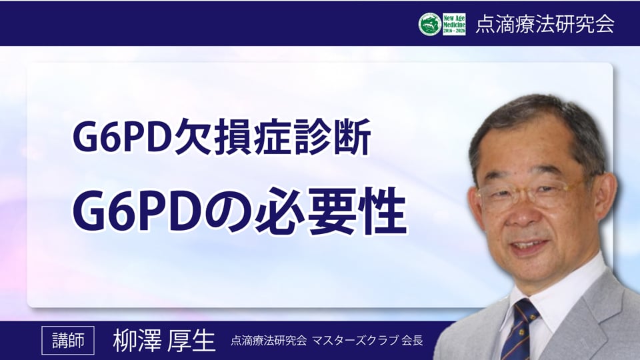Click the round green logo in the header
click(x=430, y=24)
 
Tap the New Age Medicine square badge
click(x=454, y=24)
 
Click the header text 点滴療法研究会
click(x=545, y=24)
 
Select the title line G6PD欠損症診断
click(x=221, y=137)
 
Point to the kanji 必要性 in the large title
click(x=331, y=211)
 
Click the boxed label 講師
click(x=68, y=341)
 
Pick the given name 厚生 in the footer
click(x=191, y=341)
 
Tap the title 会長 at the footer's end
click(x=412, y=341)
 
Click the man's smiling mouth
click(x=530, y=246)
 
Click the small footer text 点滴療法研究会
click(x=269, y=341)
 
